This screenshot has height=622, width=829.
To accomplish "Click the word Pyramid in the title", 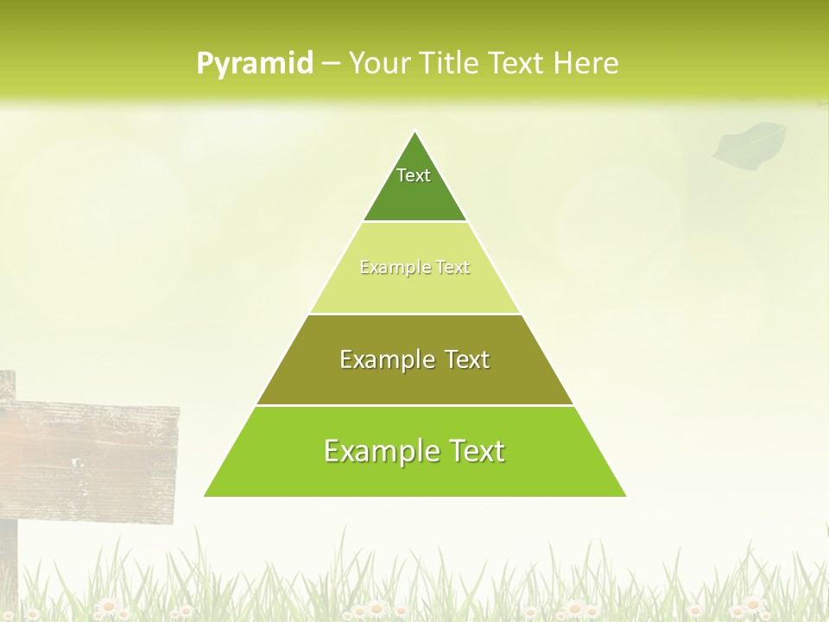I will (255, 63).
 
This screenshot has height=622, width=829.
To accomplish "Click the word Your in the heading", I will (378, 63).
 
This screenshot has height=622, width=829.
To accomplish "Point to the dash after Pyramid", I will (331, 64).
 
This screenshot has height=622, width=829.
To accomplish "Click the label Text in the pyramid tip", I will (414, 175).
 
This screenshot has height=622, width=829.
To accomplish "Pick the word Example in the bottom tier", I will (377, 451).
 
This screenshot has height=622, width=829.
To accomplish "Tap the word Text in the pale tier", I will (452, 268).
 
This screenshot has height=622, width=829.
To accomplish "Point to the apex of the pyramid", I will (414, 131).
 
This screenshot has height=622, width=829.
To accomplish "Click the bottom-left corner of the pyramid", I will (205, 496).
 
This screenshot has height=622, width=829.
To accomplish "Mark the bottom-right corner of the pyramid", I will (625, 496).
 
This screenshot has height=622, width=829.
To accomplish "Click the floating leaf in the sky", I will (750, 143).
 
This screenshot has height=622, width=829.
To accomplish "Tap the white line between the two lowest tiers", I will (414, 405).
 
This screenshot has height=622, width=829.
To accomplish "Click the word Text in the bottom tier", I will (472, 451).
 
